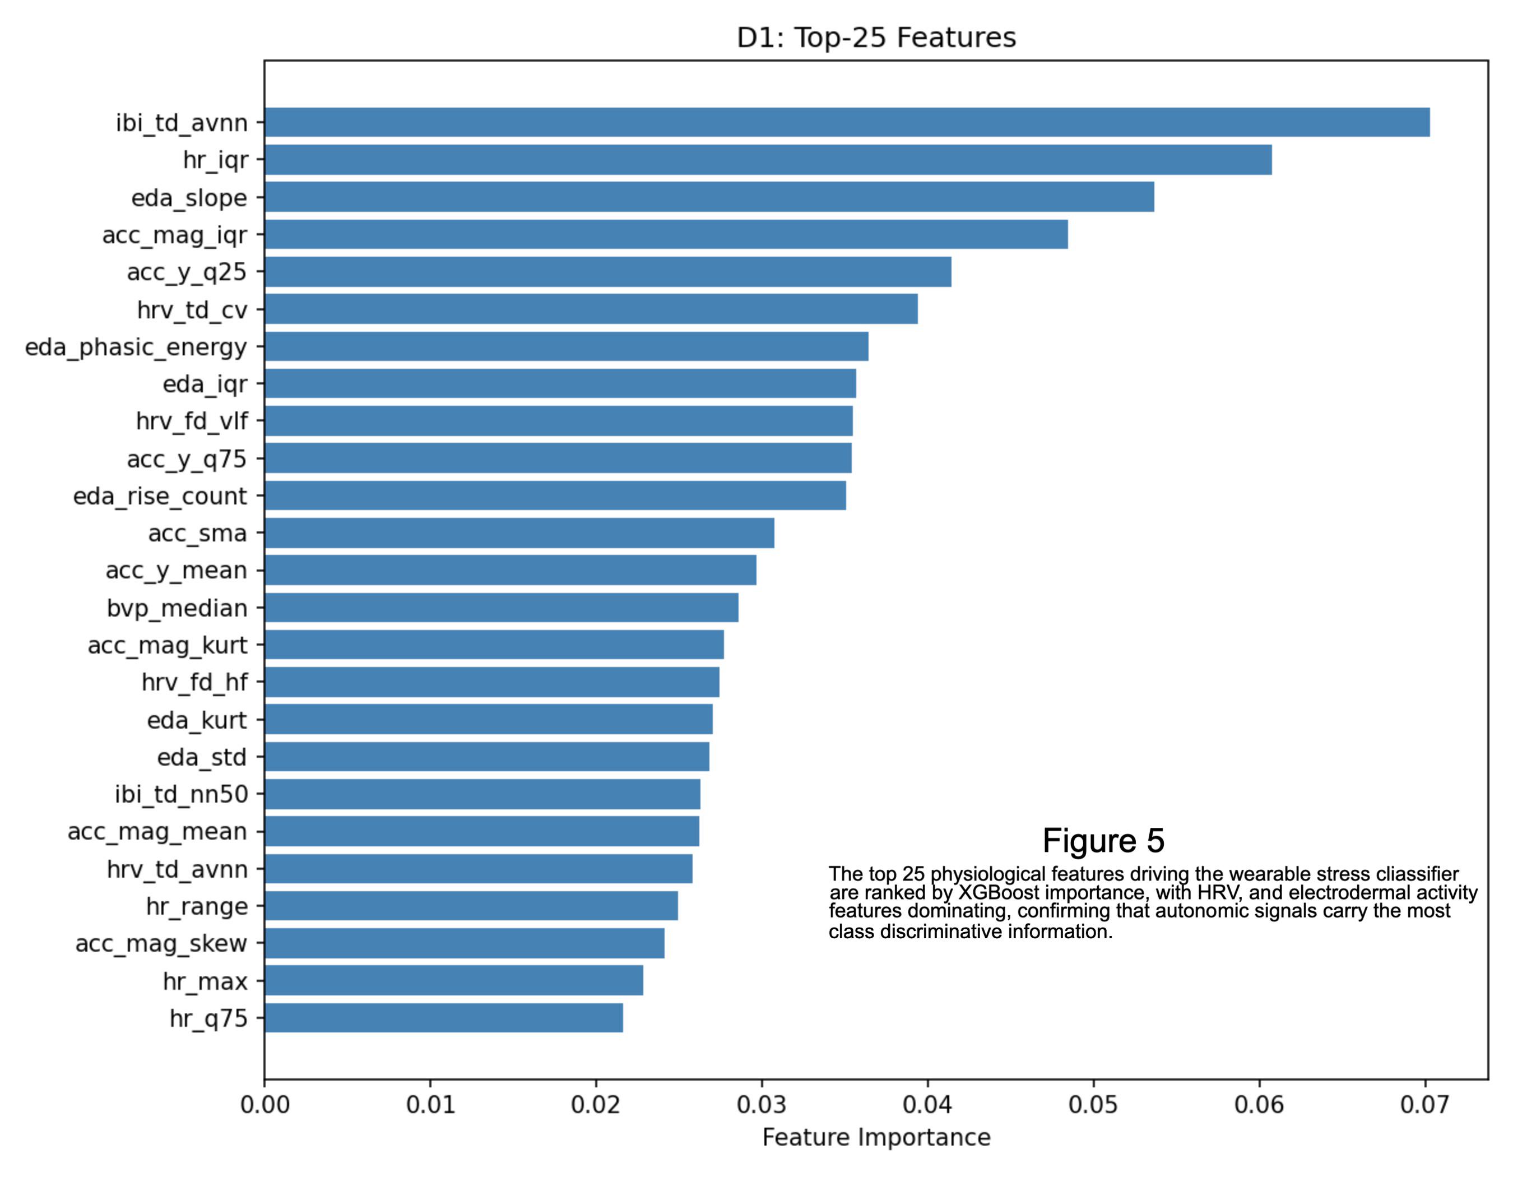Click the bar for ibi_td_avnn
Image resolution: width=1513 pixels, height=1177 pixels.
pyautogui.click(x=847, y=122)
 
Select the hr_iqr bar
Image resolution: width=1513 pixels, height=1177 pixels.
pyautogui.click(x=768, y=159)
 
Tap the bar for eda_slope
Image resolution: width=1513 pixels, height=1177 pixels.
pyautogui.click(x=709, y=197)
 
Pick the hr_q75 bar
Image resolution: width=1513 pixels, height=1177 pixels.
pyautogui.click(x=443, y=1018)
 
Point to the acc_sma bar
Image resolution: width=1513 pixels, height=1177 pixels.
pyautogui.click(x=519, y=533)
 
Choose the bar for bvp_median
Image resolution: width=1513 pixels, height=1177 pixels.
pyautogui.click(x=502, y=608)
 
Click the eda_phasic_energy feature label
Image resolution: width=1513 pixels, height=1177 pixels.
pyautogui.click(x=136, y=347)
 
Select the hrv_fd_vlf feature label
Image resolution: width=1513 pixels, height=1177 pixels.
pyautogui.click(x=192, y=420)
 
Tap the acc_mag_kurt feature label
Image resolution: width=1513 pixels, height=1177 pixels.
pyautogui.click(x=167, y=645)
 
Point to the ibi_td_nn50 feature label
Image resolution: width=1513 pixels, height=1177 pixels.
pyautogui.click(x=182, y=794)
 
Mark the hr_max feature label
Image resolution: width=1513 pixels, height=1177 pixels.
pyautogui.click(x=205, y=981)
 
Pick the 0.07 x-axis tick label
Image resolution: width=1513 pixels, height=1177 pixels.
pyautogui.click(x=1425, y=1104)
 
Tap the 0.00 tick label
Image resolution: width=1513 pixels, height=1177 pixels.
pyautogui.click(x=264, y=1104)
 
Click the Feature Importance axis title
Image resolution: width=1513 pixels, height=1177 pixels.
pyautogui.click(x=876, y=1138)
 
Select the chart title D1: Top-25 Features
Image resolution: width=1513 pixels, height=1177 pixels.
pyautogui.click(x=876, y=38)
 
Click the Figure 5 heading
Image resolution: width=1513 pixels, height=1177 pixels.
pyautogui.click(x=1103, y=840)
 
